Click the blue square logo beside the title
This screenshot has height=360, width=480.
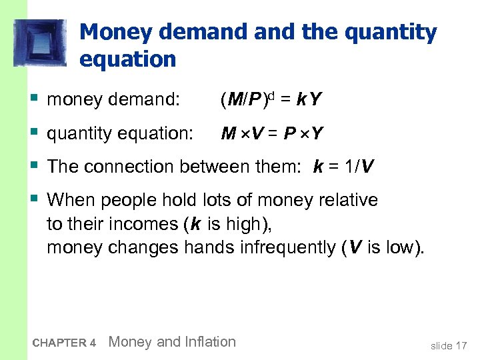(41, 43)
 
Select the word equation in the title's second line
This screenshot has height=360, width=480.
(127, 59)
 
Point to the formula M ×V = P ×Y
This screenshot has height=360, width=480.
(272, 134)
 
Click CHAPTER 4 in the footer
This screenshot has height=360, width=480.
(64, 343)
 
